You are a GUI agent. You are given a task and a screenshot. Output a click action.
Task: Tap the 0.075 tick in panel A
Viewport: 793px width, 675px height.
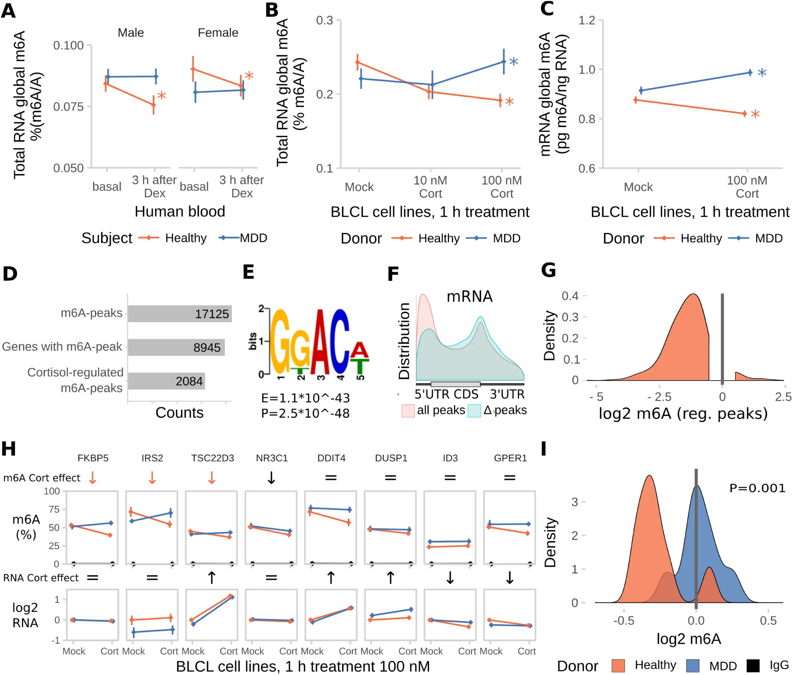pos(68,107)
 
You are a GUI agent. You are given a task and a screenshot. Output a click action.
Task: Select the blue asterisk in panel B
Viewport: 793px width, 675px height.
pos(513,62)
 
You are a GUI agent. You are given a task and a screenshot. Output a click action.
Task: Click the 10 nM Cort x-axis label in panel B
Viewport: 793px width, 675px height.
pos(430,187)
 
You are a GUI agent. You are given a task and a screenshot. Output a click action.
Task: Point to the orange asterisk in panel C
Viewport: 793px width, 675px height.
pos(755,114)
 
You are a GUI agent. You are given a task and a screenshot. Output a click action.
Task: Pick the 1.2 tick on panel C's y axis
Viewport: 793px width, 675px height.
pos(586,20)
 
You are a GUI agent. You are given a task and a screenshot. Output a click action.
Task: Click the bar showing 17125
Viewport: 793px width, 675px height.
pos(180,314)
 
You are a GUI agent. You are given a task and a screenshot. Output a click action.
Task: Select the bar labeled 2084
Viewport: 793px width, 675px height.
pos(166,381)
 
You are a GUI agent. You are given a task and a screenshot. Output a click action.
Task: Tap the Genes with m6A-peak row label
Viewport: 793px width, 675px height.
pos(62,347)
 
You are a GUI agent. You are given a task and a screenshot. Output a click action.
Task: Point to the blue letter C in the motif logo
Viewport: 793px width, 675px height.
pos(340,343)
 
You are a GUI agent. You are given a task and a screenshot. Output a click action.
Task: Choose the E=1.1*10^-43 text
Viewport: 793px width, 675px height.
pos(305,398)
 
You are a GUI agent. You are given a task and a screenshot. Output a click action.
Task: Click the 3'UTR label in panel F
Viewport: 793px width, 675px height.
pos(507,395)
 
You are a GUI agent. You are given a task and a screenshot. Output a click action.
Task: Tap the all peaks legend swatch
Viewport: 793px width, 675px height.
pos(408,411)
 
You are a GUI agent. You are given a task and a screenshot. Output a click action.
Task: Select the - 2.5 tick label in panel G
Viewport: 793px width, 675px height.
pos(659,397)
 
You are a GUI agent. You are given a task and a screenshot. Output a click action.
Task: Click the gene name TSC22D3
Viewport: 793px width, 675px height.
pos(212,458)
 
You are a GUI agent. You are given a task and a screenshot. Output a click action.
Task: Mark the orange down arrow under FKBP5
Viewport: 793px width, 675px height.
pos(93,478)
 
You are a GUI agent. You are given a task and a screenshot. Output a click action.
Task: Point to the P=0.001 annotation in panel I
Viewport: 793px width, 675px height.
pos(757,488)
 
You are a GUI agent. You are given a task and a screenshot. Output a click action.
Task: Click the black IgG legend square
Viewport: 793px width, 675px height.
pos(753,666)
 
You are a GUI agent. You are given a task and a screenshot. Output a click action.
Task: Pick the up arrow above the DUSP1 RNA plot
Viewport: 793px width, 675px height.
pos(391,578)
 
